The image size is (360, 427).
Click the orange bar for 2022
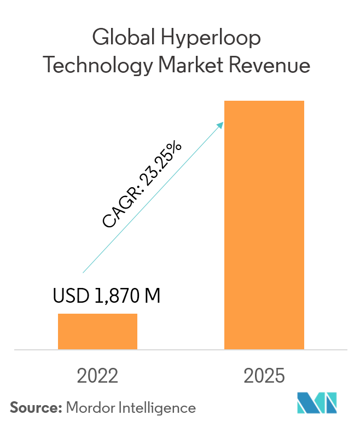(x=97, y=331)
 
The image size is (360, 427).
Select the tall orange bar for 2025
(x=264, y=225)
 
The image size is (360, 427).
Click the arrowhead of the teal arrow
(x=222, y=124)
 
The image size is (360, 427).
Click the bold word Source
(x=35, y=407)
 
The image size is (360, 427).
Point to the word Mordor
(x=90, y=407)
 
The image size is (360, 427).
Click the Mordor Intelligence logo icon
(x=317, y=403)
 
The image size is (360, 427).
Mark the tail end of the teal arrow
(x=83, y=272)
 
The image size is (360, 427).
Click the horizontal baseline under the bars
(x=181, y=349)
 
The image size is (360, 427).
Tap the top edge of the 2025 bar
(x=264, y=101)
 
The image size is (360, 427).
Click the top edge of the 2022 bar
(x=97, y=314)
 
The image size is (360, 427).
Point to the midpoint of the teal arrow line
(x=153, y=198)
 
